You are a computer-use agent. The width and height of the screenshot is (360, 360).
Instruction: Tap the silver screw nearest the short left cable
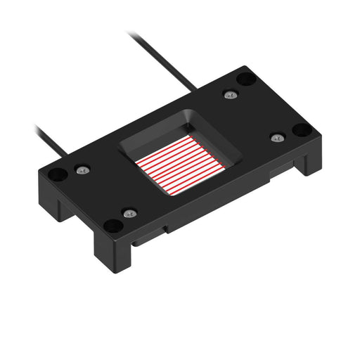84,169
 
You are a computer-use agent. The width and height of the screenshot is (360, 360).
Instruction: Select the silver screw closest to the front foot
129,212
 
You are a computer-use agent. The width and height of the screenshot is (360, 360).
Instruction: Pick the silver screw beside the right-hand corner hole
277,137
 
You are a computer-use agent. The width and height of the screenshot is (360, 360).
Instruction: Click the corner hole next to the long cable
244,79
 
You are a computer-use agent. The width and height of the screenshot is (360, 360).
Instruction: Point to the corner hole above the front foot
112,226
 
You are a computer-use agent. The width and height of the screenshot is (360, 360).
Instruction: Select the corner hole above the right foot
300,130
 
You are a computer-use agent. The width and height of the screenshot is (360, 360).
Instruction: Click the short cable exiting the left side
49,140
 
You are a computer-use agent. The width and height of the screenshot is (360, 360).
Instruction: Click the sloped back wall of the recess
186,124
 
